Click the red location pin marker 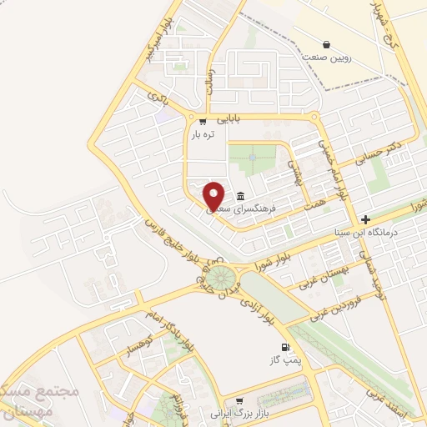(214, 195)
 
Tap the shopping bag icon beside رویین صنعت (326, 44)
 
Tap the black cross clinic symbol (365, 219)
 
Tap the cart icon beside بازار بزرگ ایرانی (239, 401)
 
